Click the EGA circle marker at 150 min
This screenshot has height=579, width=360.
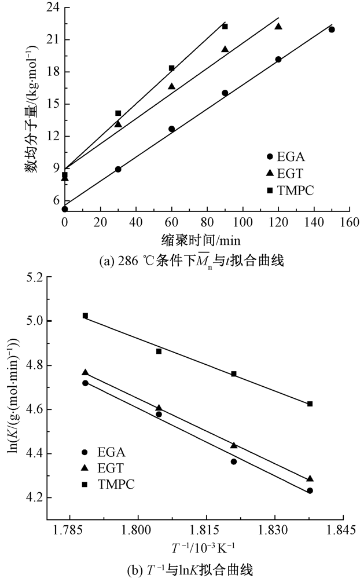coord(332,30)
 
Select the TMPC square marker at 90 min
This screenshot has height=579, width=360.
coord(225,26)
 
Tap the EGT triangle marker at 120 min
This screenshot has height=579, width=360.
coord(278,26)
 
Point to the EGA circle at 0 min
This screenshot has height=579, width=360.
coord(65,209)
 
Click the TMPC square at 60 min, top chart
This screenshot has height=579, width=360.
coord(172,68)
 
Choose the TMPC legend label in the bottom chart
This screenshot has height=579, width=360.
coord(117,483)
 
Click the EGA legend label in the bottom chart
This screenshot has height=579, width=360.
coord(112,452)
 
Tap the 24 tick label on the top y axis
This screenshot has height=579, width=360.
coord(53,9)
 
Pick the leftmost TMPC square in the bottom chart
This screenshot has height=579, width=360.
coord(85,316)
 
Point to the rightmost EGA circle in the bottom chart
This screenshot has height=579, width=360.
coord(310,490)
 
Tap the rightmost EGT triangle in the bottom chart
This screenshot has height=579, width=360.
coord(310,479)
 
